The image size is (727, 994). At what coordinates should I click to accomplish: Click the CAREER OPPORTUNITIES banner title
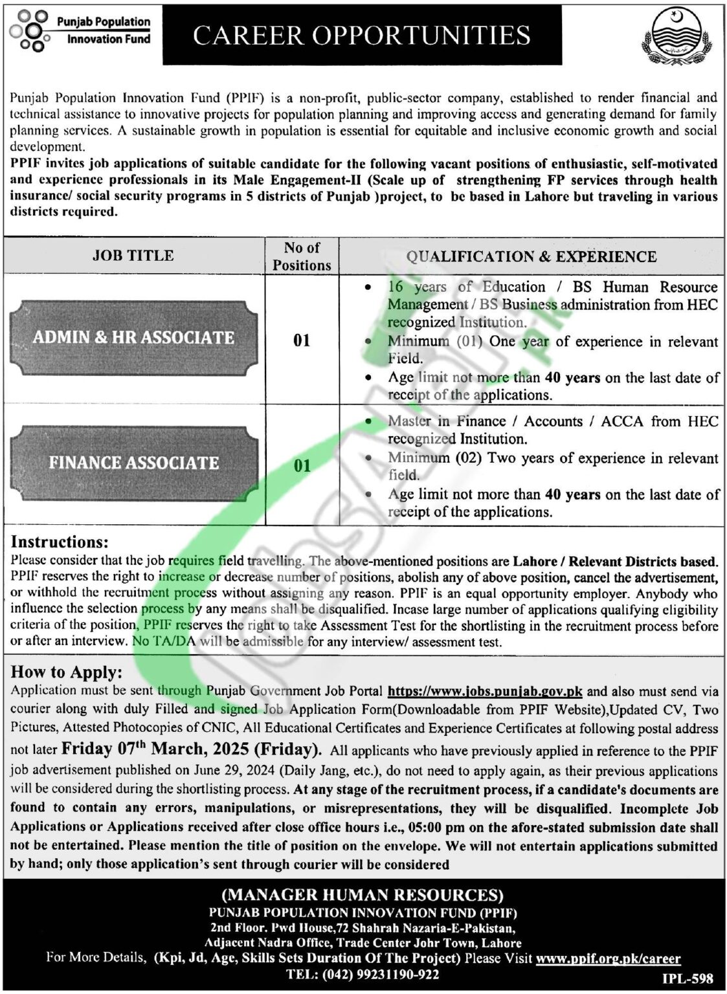tap(362, 35)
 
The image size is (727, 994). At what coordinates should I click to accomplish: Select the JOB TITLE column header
tap(133, 256)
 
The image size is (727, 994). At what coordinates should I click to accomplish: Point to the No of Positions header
tap(302, 256)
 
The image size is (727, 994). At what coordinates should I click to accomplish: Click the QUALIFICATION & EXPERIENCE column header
tap(531, 256)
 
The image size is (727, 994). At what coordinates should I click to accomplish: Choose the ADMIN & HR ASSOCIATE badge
tap(133, 337)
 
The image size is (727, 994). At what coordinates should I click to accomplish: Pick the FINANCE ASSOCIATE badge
tap(134, 463)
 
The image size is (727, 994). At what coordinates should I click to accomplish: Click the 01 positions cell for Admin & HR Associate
tap(302, 340)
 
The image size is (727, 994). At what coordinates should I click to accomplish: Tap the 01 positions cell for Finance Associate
tap(302, 465)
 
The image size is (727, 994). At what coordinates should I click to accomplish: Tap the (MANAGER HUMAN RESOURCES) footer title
tap(363, 895)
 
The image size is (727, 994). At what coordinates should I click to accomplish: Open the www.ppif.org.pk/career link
tap(609, 958)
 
